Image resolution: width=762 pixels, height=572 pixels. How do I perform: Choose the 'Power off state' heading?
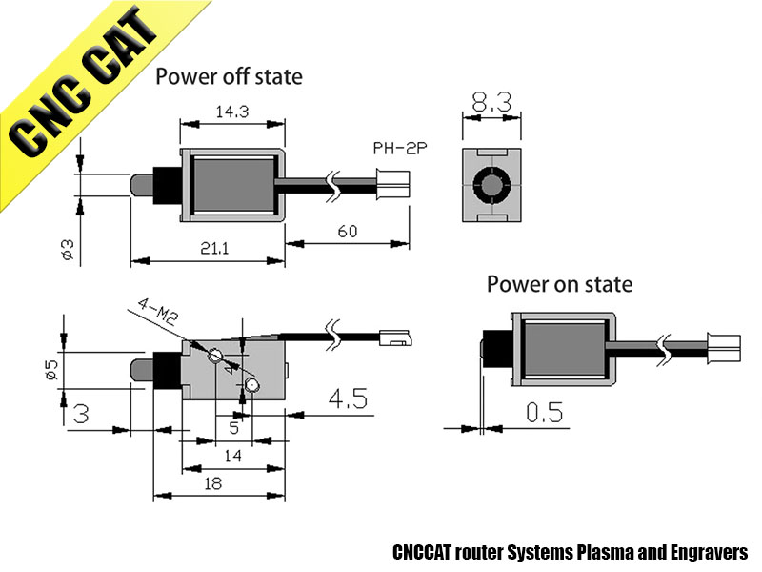(x=229, y=75)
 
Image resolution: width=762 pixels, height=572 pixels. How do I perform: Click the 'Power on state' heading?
(x=559, y=284)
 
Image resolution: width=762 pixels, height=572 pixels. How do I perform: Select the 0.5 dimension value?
(x=543, y=412)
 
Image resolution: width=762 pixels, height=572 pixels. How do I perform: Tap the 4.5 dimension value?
(x=348, y=398)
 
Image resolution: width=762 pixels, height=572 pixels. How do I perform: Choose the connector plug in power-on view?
(x=725, y=346)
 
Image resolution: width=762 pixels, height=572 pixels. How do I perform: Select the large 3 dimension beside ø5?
(x=82, y=413)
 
